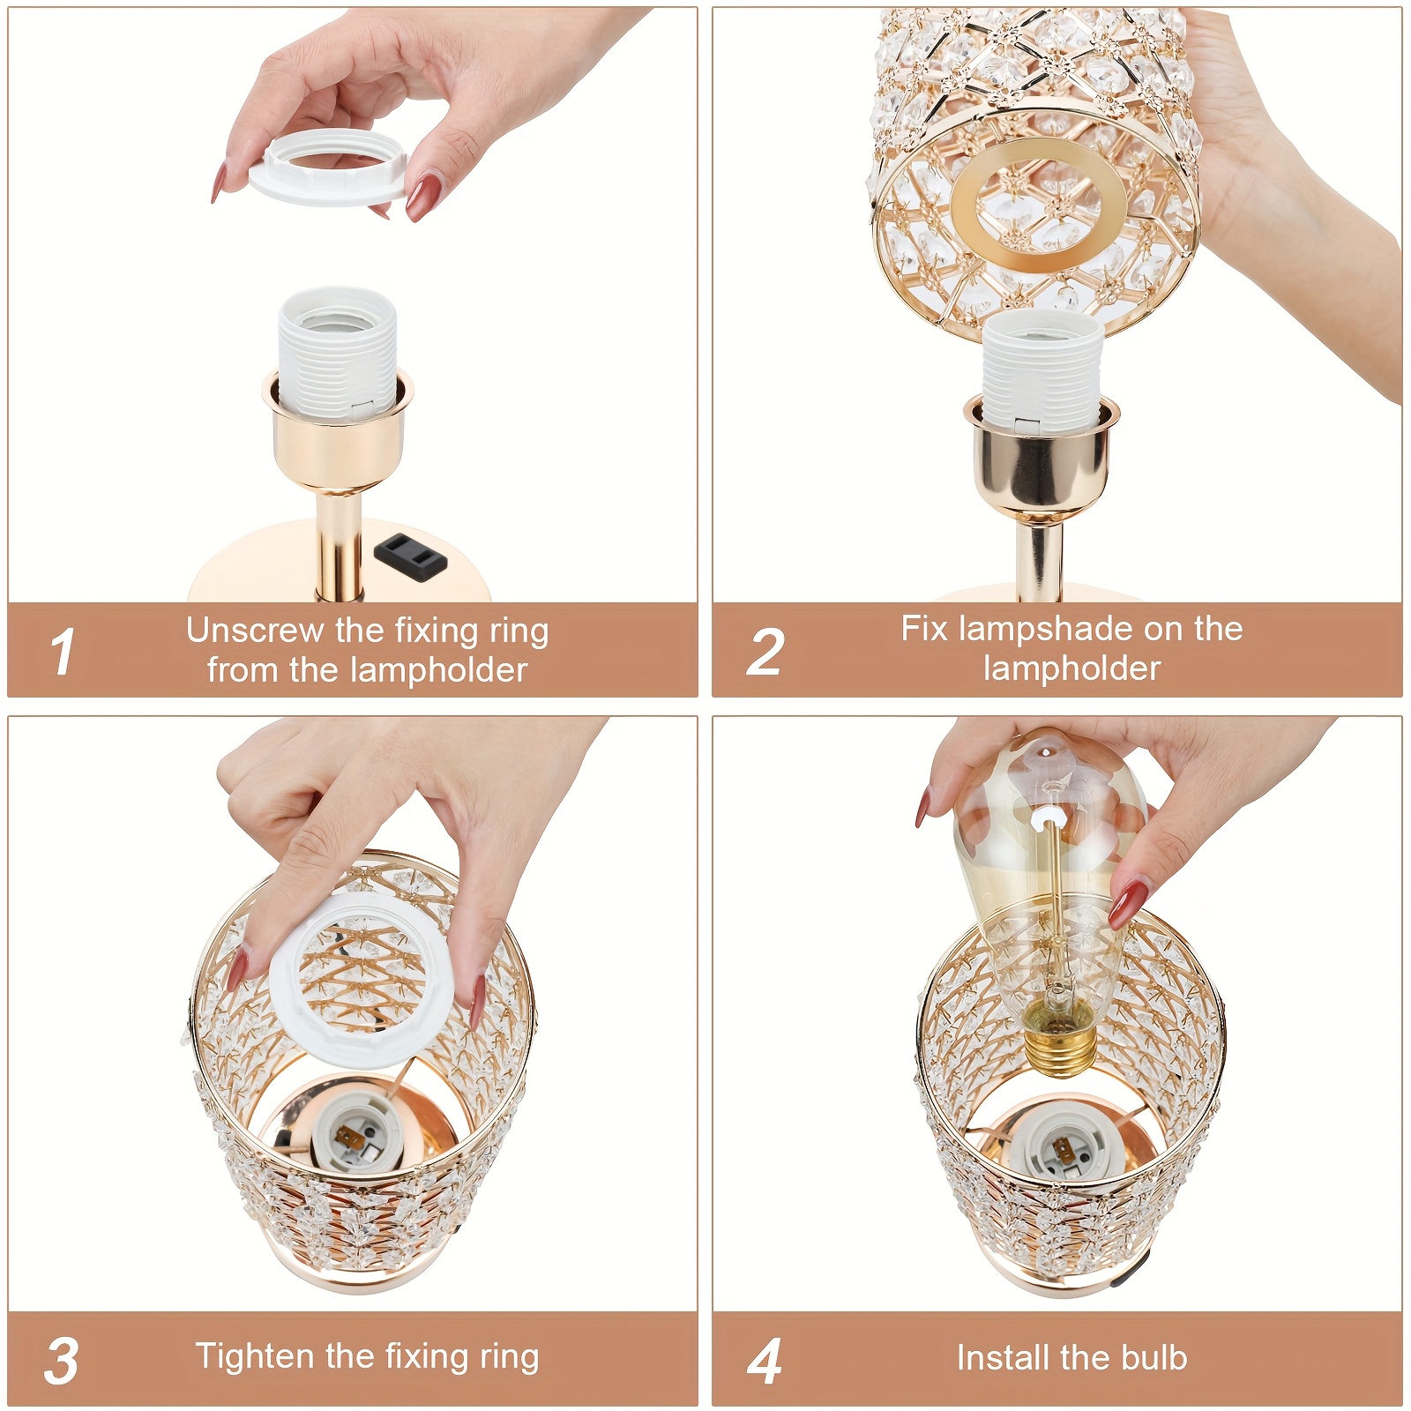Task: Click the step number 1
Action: click(x=63, y=653)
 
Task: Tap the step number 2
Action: click(x=765, y=653)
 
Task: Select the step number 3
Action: click(x=62, y=1360)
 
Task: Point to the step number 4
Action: click(x=765, y=1361)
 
